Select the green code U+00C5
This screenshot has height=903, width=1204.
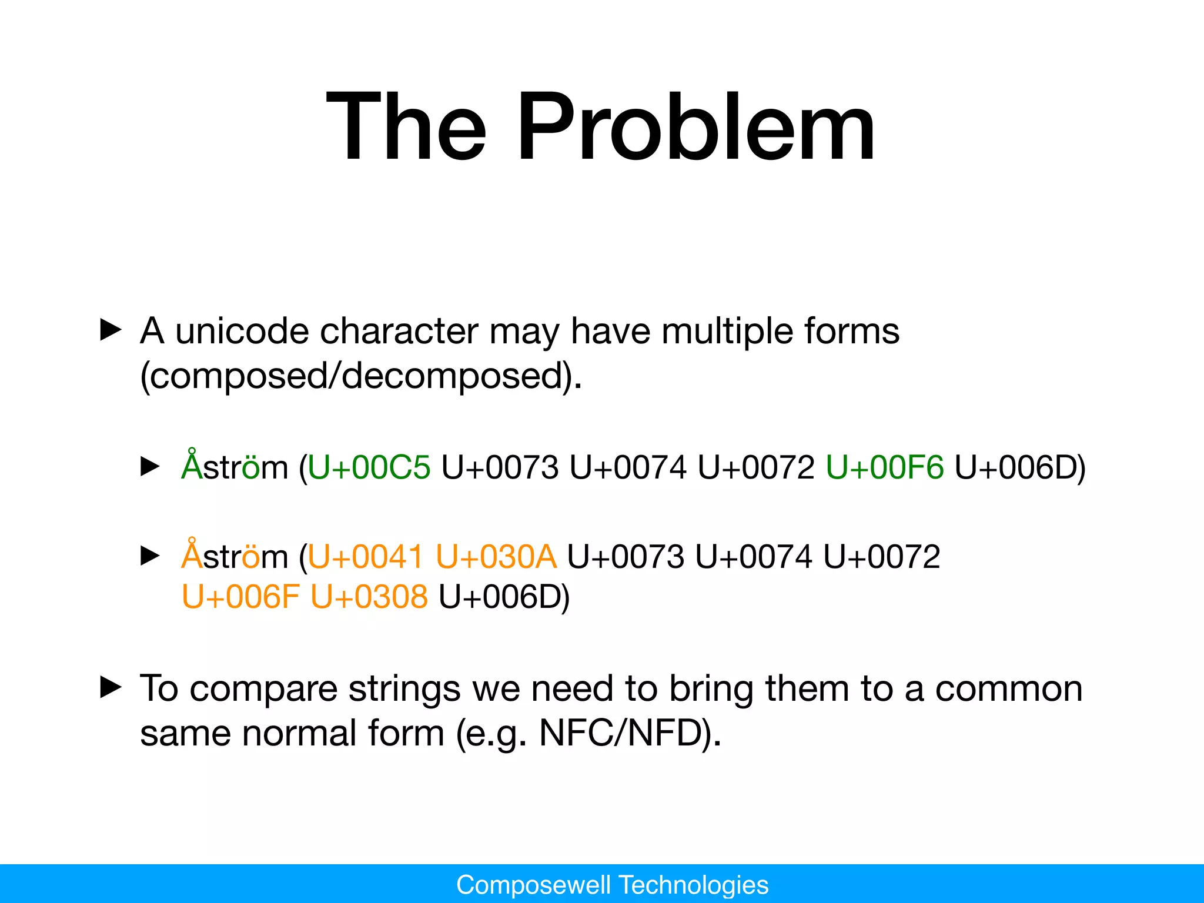click(369, 468)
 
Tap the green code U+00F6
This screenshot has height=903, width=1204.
click(884, 468)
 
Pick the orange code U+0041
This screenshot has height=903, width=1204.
click(364, 557)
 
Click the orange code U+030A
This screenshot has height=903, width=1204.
click(496, 557)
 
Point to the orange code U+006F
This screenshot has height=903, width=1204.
click(240, 597)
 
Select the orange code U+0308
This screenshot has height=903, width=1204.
click(369, 597)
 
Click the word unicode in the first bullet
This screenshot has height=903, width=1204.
click(242, 331)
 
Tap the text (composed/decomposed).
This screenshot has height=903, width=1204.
click(360, 376)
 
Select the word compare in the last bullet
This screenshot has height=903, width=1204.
click(263, 688)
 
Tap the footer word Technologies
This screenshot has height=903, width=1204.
click(694, 885)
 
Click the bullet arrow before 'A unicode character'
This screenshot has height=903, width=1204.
click(111, 330)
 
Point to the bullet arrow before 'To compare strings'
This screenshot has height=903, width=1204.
click(111, 687)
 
